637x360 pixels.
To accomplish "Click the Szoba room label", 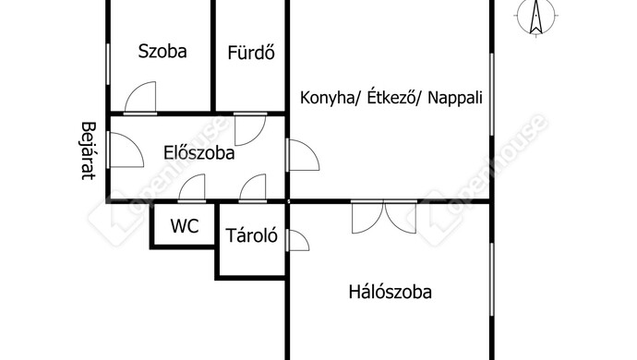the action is pos(162,52).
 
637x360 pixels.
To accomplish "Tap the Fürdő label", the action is pos(252,52).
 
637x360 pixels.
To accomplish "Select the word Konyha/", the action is pos(330,97).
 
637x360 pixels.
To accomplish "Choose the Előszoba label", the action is pos(198,154).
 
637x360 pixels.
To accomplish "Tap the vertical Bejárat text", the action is pos(89,150).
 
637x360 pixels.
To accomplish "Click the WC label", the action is pos(185,225).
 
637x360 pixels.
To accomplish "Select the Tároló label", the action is pos(251,236).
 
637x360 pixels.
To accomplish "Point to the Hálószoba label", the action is pos(391,294).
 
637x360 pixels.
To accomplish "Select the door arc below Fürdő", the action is pos(249,129).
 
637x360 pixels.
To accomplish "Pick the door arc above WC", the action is pos(191,188).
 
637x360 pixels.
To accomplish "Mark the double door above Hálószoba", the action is pos(385,216).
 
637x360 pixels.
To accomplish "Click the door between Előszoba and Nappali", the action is pos(302,156).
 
